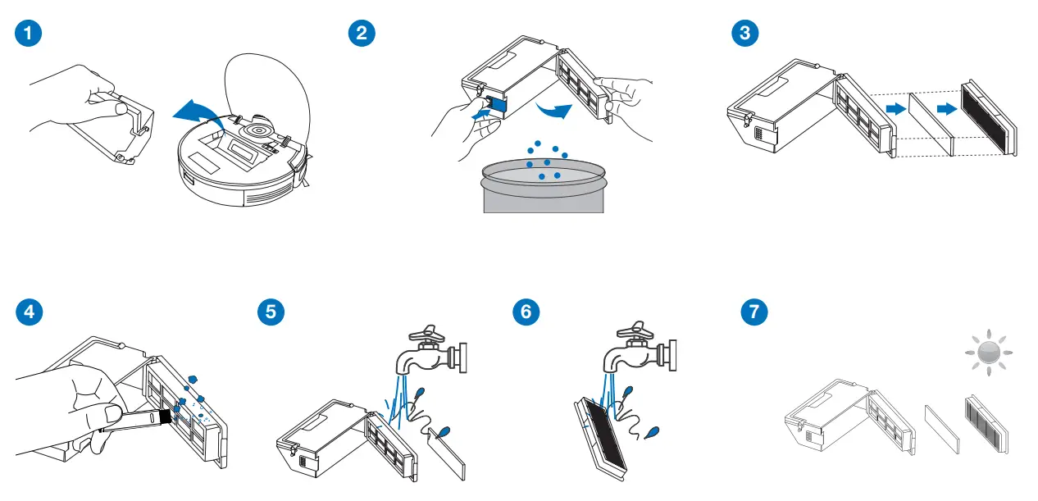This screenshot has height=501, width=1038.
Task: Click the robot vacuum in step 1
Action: [x=242, y=160]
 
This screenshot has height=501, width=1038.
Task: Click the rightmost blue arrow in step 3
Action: [x=946, y=109]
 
